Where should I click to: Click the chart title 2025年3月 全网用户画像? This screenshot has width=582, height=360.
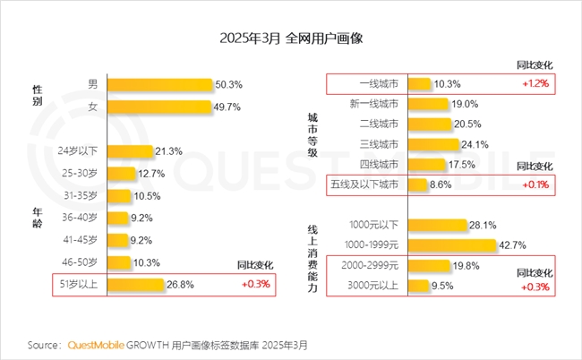(290, 39)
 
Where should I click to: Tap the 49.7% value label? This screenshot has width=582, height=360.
(228, 107)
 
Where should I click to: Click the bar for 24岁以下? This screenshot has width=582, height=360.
(130, 150)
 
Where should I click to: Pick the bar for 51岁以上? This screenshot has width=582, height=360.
(136, 286)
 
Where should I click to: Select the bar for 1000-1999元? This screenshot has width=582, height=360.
(452, 245)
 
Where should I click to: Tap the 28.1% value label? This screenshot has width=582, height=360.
(484, 225)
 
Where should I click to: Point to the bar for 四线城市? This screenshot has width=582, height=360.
(428, 165)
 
